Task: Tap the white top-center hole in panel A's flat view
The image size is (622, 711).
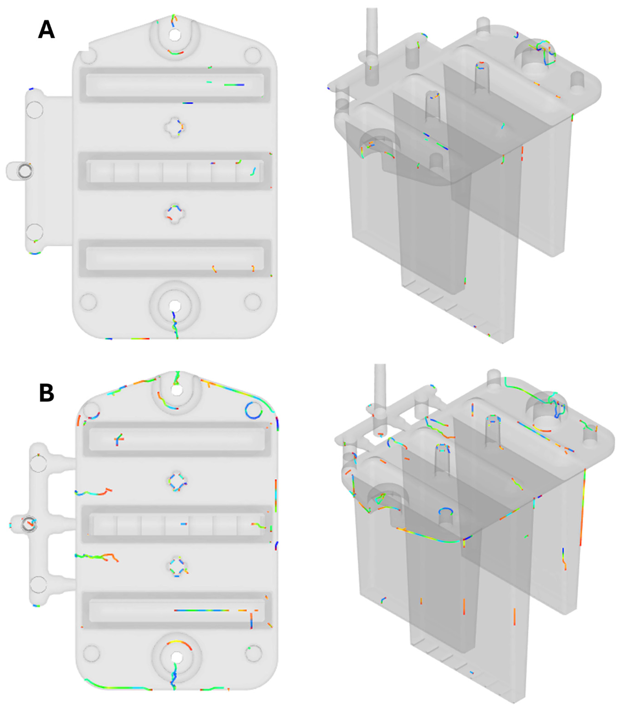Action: [x=175, y=34]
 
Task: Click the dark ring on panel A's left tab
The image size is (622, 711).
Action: [x=25, y=170]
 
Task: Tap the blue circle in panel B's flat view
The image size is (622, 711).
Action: [x=253, y=410]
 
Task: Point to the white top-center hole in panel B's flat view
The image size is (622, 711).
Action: [x=177, y=390]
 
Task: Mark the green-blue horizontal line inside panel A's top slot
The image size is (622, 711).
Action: [x=234, y=85]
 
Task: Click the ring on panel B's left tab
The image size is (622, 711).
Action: [x=28, y=524]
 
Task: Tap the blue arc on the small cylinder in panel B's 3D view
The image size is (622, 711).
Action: [x=446, y=511]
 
